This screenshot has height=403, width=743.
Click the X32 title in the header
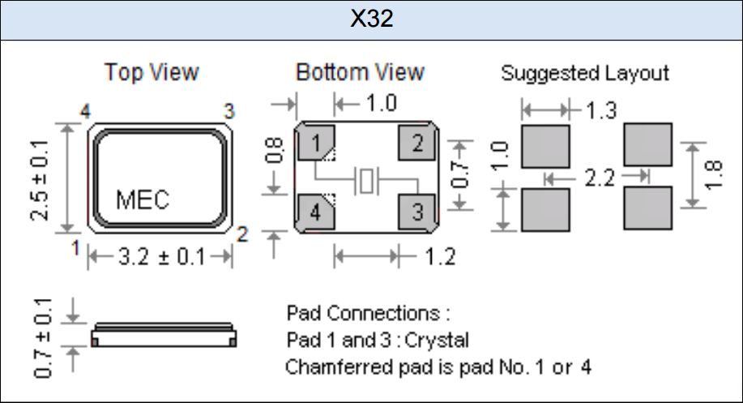371,19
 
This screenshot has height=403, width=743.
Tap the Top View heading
152,72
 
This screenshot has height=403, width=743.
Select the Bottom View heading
360,72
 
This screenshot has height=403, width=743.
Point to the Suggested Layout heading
585,73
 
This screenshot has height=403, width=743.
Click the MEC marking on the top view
143,199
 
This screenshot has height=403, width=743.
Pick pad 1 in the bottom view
316,145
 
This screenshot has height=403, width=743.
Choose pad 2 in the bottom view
417,145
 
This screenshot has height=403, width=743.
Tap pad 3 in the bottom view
417,212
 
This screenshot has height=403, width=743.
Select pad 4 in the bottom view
316,212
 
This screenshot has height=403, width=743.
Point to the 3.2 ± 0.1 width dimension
160,258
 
